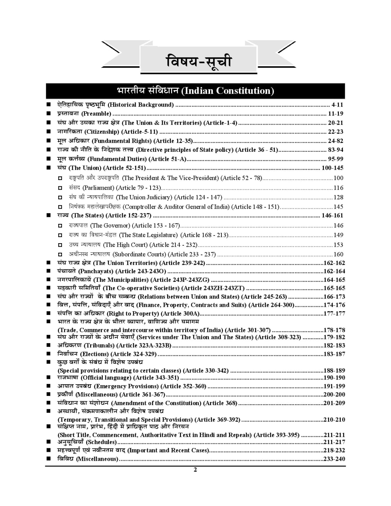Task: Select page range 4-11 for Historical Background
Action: click(x=337, y=105)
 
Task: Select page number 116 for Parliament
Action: click(x=338, y=188)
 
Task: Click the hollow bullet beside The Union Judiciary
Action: click(x=60, y=198)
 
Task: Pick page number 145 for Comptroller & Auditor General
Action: click(x=338, y=207)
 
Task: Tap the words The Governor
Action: click(x=110, y=226)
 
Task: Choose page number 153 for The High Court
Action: click(x=338, y=245)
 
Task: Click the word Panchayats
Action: click(x=96, y=271)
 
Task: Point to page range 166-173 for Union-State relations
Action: click(x=334, y=297)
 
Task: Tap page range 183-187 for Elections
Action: click(x=334, y=354)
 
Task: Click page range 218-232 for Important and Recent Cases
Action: click(x=334, y=451)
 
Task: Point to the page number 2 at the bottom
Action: click(x=195, y=470)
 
